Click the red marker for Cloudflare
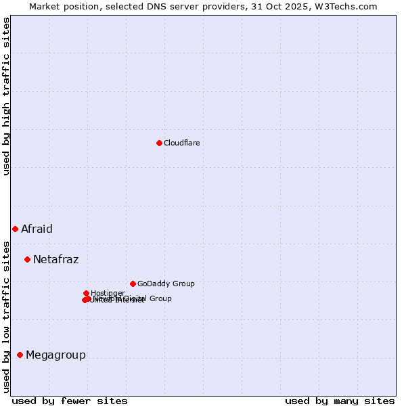(159, 143)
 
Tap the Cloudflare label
(181, 143)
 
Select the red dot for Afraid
(15, 229)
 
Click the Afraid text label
(37, 229)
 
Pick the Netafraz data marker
(27, 259)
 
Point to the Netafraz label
(55, 259)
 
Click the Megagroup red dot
(20, 355)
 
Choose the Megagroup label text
(55, 355)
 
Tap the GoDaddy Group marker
(133, 284)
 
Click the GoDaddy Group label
(166, 284)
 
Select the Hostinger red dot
(86, 293)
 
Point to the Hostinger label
(108, 293)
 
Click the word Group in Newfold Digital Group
(160, 298)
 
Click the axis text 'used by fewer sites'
(70, 401)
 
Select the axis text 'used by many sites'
(340, 401)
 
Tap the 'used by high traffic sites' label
(6, 96)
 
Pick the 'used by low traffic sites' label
(6, 317)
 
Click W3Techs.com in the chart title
(349, 6)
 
